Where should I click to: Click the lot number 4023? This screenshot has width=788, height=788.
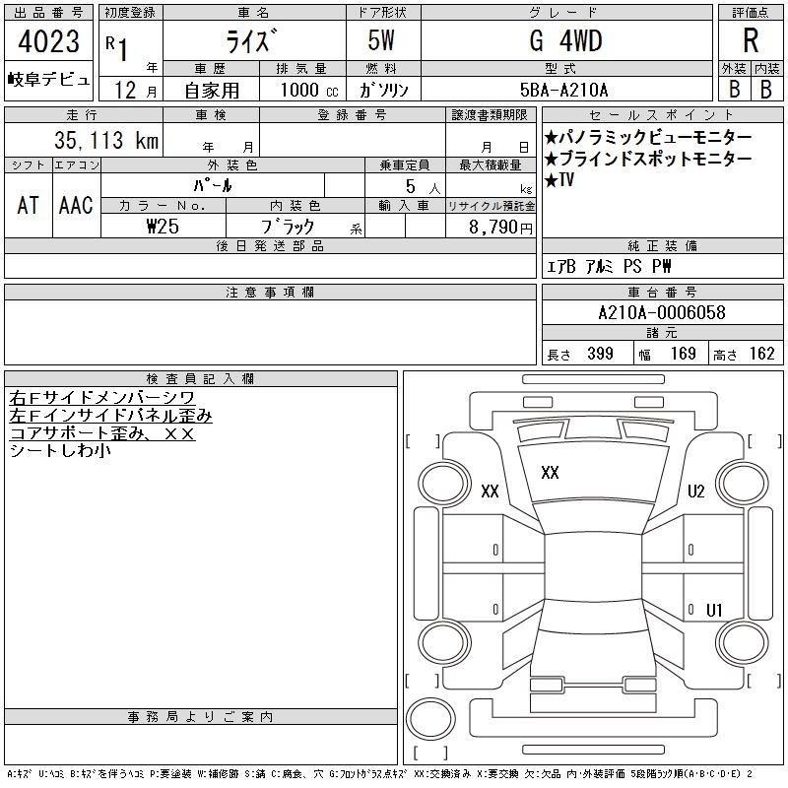tap(48, 41)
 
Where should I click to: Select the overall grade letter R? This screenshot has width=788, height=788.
tap(751, 40)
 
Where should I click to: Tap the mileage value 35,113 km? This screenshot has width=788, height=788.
tap(106, 140)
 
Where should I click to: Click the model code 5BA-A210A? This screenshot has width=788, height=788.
tap(563, 90)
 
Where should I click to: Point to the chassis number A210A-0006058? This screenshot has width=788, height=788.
tap(662, 312)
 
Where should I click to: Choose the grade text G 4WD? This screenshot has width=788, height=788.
tap(565, 40)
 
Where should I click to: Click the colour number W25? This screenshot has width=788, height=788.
tap(163, 227)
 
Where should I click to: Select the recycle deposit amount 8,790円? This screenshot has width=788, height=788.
tap(500, 228)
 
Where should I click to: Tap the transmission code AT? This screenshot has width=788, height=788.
tap(28, 205)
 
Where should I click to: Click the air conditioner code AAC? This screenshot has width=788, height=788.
tap(76, 205)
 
